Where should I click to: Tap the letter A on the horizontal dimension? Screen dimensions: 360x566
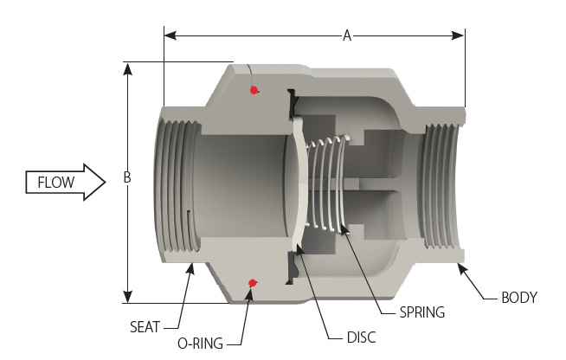tap(347, 35)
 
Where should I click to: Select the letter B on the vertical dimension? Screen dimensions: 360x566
tap(127, 178)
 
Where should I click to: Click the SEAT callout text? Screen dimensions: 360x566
tap(146, 326)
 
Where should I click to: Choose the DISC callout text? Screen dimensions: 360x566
tap(361, 337)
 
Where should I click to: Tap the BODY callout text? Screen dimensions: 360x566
tap(519, 298)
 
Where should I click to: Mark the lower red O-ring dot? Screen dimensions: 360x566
tap(252, 282)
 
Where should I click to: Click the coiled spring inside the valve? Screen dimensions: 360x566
tap(329, 182)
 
